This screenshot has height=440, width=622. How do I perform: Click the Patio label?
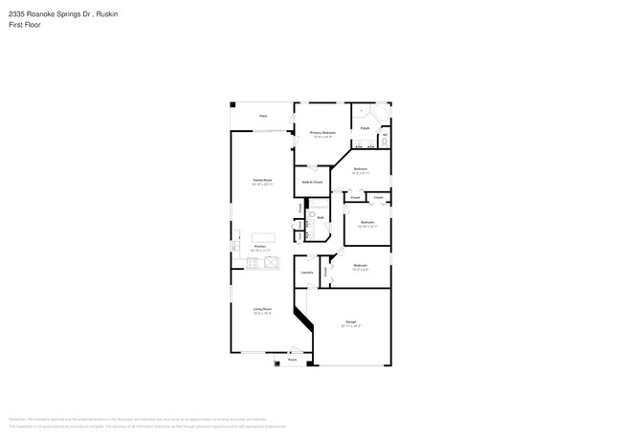click(x=263, y=117)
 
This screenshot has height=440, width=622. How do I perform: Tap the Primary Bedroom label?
click(x=322, y=133)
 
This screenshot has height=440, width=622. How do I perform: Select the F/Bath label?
click(x=366, y=127)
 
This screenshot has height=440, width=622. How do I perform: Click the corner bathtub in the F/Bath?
click(x=381, y=114)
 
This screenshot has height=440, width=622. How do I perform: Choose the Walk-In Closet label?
click(x=312, y=181)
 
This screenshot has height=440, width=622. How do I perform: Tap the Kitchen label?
click(x=259, y=246)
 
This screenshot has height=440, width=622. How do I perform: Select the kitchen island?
click(x=263, y=236)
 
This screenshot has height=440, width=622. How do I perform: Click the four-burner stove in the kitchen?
click(x=254, y=261)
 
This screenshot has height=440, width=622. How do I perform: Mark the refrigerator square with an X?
click(x=271, y=261)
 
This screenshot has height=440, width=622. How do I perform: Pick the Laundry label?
click(x=307, y=273)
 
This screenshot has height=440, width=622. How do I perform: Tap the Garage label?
click(x=351, y=322)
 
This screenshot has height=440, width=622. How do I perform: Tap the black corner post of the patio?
click(x=233, y=105)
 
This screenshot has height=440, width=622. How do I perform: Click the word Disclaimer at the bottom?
click(x=17, y=419)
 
